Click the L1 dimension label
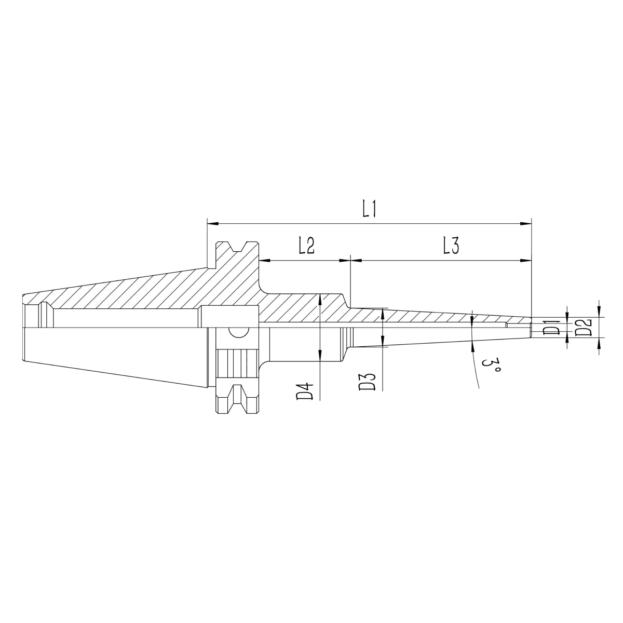click(x=369, y=209)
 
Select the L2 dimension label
click(x=306, y=245)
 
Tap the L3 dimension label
click(x=451, y=245)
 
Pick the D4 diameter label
click(x=305, y=391)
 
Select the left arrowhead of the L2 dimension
click(x=264, y=260)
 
